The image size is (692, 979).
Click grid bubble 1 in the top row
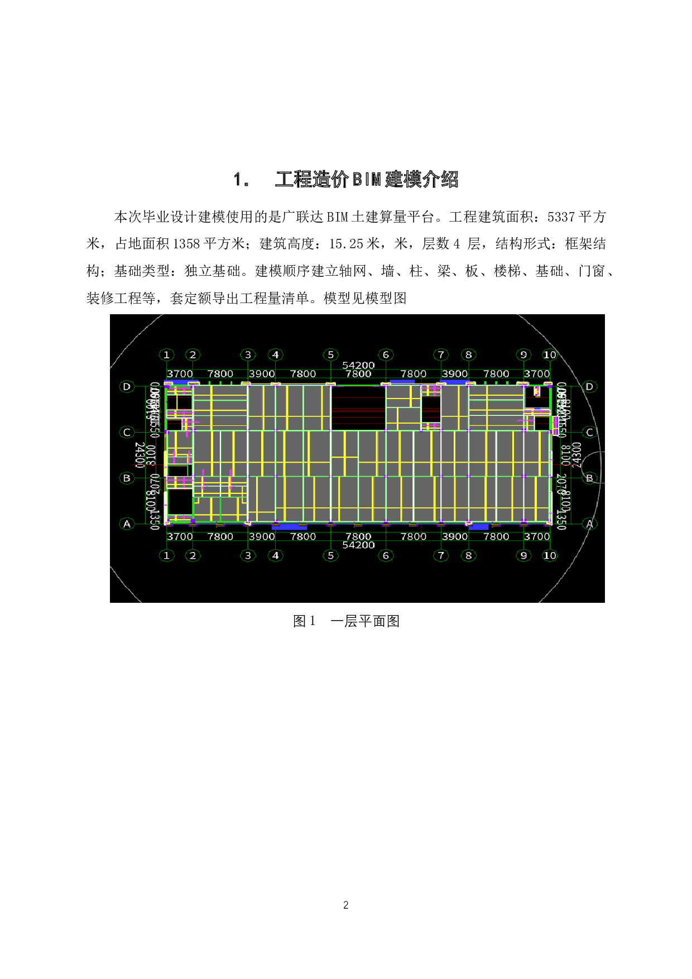[x=166, y=354]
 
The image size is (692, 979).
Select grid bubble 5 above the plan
[x=330, y=354]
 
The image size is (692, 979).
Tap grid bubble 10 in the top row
[x=550, y=354]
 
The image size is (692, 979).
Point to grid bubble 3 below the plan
[x=248, y=555]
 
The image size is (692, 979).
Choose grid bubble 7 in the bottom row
[x=441, y=555]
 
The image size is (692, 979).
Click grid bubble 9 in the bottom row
[x=523, y=555]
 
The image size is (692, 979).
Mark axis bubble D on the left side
[x=127, y=386]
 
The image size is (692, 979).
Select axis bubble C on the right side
[x=589, y=432]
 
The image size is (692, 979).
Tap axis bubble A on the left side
[x=127, y=524]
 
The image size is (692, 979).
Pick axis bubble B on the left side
[x=127, y=478]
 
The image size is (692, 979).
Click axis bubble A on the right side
[x=589, y=524]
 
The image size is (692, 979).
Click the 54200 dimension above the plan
[x=358, y=365]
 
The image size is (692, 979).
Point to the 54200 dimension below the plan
[x=358, y=545]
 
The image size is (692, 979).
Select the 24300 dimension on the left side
[x=140, y=455]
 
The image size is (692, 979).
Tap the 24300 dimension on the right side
[x=577, y=455]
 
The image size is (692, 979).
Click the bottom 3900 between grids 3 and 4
[x=262, y=536]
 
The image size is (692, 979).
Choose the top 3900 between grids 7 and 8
[x=455, y=373]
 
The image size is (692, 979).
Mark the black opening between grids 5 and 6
[x=358, y=407]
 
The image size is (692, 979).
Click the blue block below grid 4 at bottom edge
[x=289, y=526]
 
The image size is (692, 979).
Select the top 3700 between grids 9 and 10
[x=537, y=373]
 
